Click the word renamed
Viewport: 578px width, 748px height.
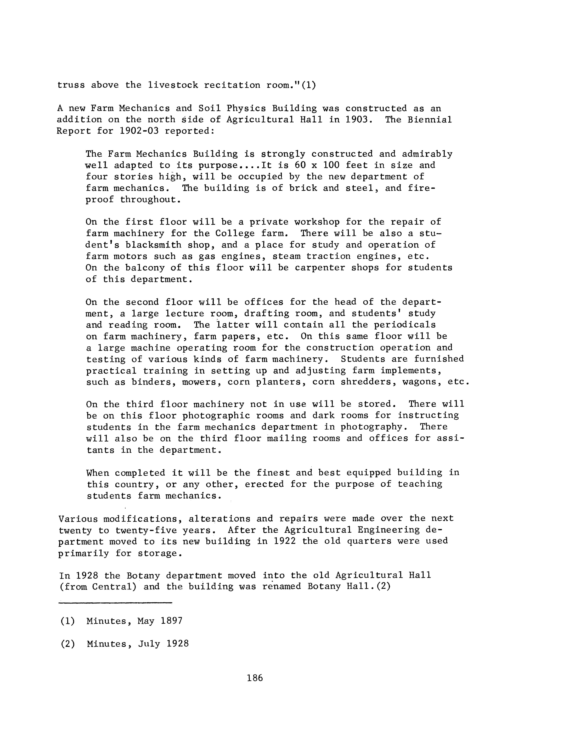(282, 587)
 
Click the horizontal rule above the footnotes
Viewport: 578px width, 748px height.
(115, 602)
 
